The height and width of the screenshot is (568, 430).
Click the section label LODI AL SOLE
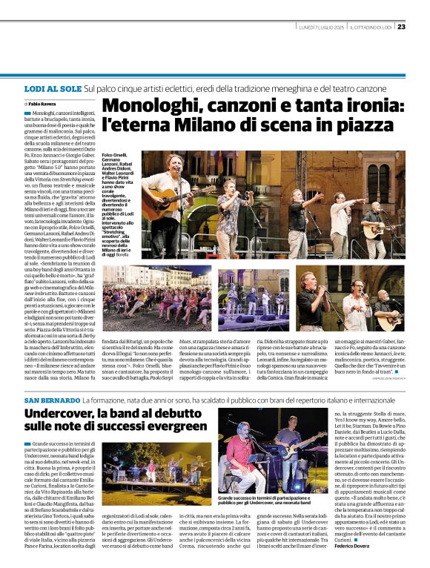click(x=52, y=87)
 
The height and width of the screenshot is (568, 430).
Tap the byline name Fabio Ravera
click(x=42, y=103)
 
